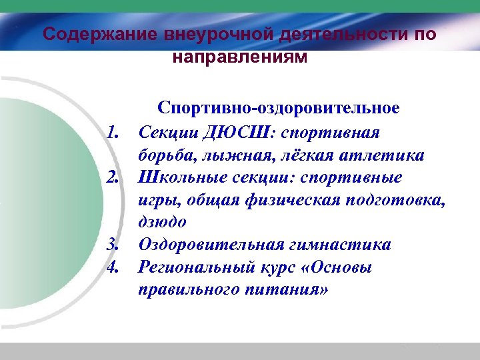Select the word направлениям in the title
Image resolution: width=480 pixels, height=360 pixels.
coord(240,57)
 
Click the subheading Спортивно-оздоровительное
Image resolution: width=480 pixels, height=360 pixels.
coord(279,108)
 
